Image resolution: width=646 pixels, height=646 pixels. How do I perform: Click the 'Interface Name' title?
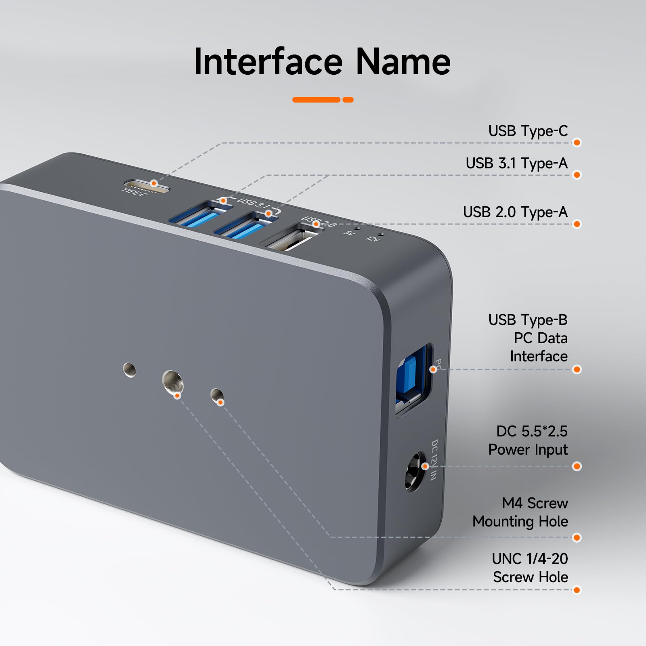click(x=322, y=62)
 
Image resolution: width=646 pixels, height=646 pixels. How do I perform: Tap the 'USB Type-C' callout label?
click(x=528, y=131)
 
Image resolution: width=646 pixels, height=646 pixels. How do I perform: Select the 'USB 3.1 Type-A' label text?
click(x=516, y=164)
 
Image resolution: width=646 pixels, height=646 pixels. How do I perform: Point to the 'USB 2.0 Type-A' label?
click(x=515, y=212)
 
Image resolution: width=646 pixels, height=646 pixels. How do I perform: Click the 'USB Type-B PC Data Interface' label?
click(x=528, y=338)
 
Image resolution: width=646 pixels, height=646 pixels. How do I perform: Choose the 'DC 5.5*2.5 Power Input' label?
click(x=528, y=440)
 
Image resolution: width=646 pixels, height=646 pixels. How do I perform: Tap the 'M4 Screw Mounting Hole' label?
click(x=520, y=512)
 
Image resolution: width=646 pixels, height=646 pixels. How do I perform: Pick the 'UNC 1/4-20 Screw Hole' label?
click(x=530, y=568)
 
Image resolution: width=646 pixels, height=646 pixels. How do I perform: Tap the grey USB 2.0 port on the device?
click(x=289, y=241)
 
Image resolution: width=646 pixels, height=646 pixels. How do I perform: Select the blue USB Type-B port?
click(x=413, y=380)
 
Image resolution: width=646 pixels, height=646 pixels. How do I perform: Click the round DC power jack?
click(x=415, y=472)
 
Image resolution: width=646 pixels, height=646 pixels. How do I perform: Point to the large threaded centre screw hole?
click(x=172, y=382)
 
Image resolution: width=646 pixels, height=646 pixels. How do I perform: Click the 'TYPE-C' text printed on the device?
click(x=134, y=193)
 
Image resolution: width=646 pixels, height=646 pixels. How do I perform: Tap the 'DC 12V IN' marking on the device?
click(x=434, y=460)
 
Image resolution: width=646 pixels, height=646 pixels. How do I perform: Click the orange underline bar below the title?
click(x=323, y=100)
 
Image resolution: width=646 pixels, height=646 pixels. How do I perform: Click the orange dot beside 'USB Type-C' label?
click(x=577, y=143)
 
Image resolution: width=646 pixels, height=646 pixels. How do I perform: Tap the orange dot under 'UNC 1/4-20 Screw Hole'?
click(x=577, y=590)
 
